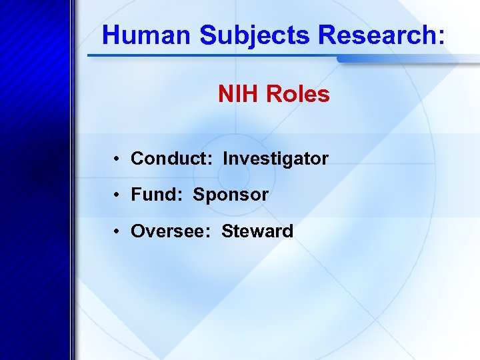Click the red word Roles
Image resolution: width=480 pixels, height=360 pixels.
(x=298, y=95)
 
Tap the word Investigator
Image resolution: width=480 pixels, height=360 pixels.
(x=275, y=159)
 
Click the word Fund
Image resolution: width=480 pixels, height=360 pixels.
(x=153, y=195)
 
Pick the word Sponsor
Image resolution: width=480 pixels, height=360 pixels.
(x=231, y=195)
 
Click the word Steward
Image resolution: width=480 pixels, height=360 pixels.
(x=257, y=231)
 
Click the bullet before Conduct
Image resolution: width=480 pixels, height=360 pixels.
(x=116, y=159)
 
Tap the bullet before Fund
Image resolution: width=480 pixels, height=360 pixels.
(x=116, y=195)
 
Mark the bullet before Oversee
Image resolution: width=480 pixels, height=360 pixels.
(x=116, y=232)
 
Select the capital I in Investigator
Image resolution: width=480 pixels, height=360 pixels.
(x=225, y=159)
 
